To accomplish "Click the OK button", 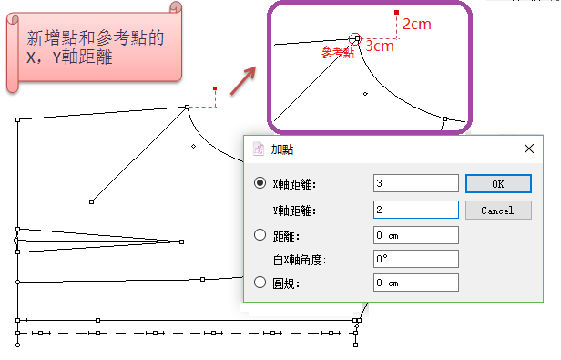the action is (x=498, y=184).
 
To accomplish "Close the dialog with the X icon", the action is (x=529, y=149).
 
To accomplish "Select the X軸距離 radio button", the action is (x=260, y=183).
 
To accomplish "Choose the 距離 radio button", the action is (x=260, y=235).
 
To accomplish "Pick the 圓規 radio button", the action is (x=260, y=283).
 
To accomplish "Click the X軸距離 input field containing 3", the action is (x=415, y=183).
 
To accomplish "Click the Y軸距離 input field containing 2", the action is (x=415, y=210).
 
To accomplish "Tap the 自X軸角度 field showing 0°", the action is (x=415, y=259).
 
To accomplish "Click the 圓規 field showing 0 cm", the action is (x=415, y=283).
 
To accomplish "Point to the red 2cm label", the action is (x=417, y=24).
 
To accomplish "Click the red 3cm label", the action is (x=380, y=46).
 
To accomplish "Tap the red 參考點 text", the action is (x=338, y=53).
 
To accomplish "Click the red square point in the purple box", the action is (x=396, y=13).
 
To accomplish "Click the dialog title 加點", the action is (x=282, y=149).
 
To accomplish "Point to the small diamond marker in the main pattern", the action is (x=194, y=146).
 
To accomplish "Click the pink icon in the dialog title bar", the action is (x=259, y=149).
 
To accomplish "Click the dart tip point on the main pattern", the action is (x=182, y=242).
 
